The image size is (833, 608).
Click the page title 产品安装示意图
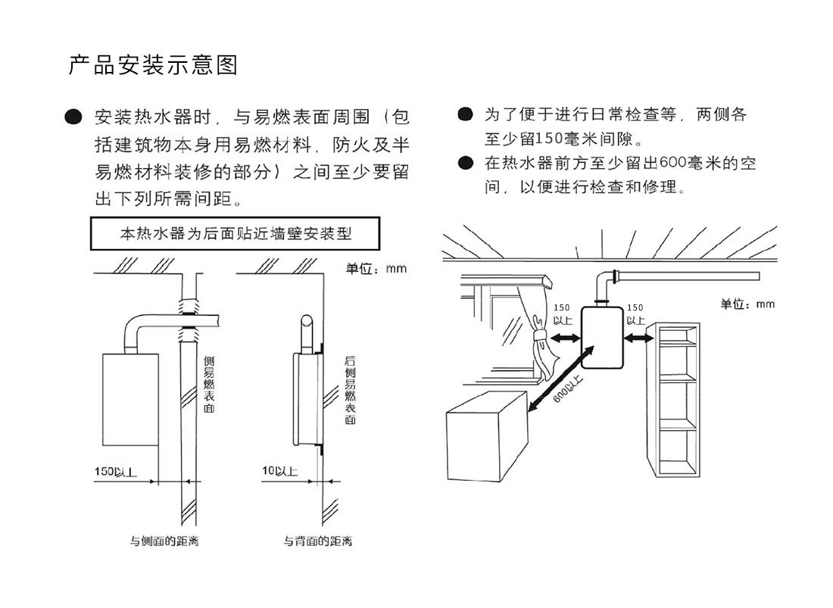[x=152, y=65]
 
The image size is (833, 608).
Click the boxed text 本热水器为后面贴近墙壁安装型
[x=236, y=234]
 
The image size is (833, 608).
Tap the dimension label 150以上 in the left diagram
[x=115, y=472]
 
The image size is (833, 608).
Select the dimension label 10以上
[x=279, y=472]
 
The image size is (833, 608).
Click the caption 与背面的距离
[x=317, y=541]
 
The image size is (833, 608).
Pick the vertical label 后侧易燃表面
[x=350, y=389]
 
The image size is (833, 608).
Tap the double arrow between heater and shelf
[x=638, y=338]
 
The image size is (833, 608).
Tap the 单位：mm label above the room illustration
[x=747, y=304]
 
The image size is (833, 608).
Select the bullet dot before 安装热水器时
[x=73, y=117]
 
